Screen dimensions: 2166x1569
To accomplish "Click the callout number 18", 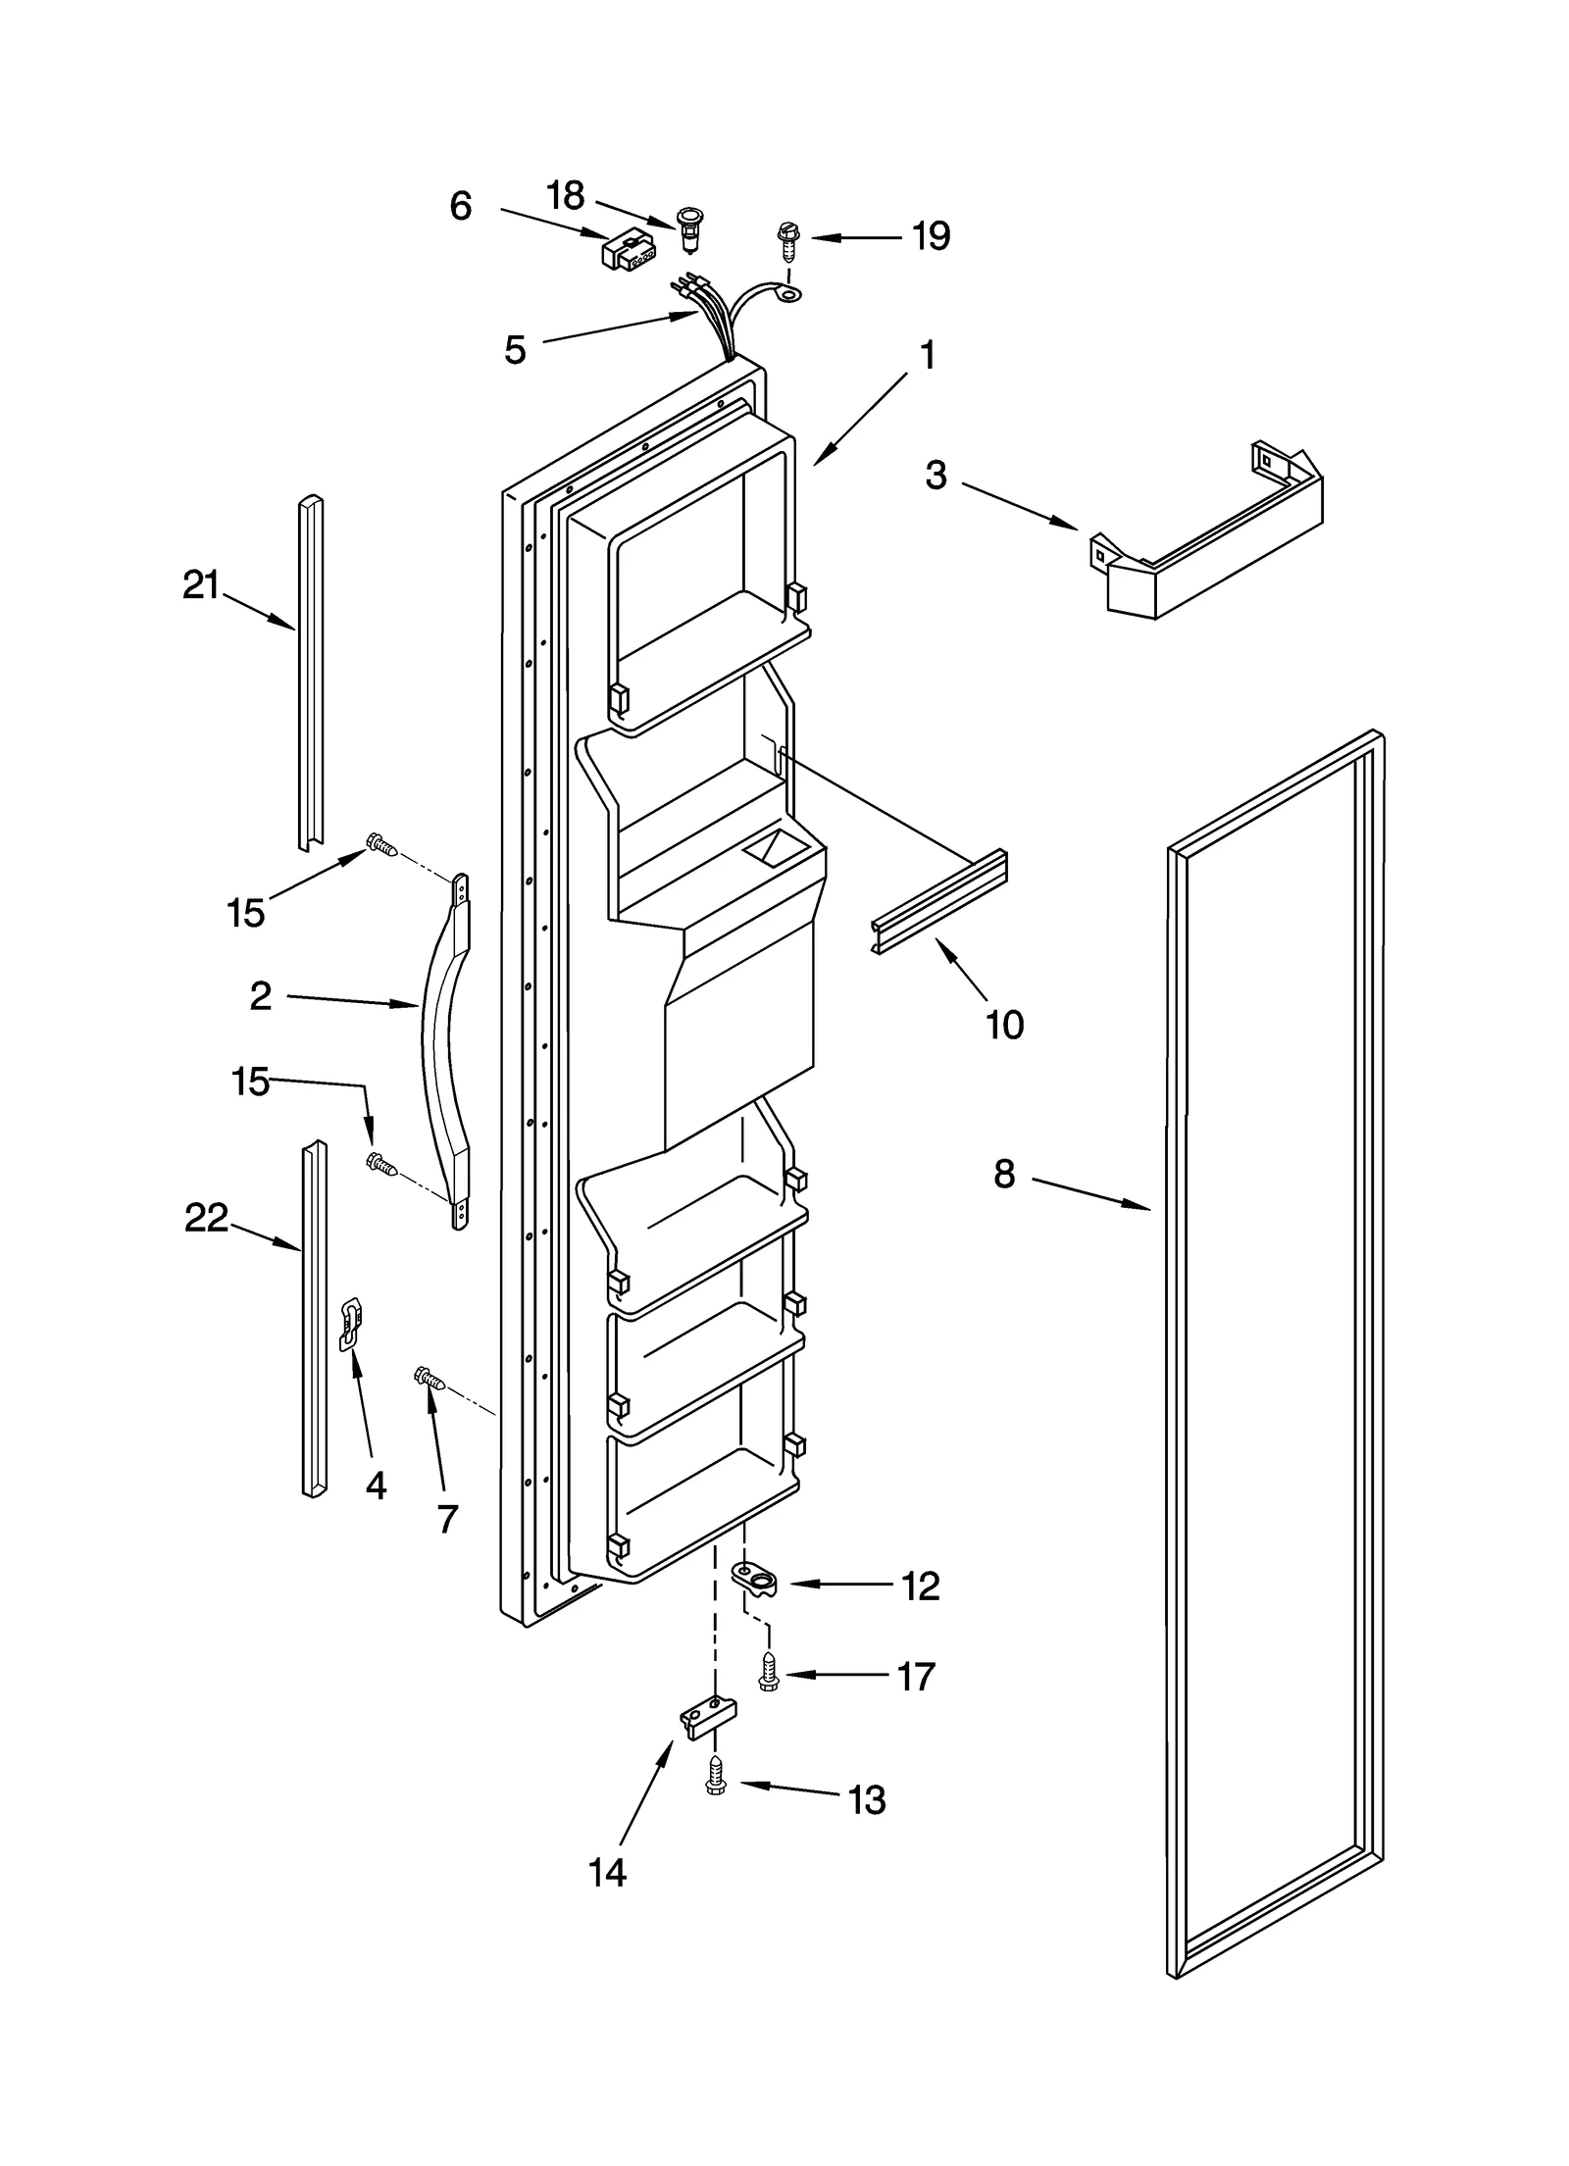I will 566,196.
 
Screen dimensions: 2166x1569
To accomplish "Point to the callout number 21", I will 201,585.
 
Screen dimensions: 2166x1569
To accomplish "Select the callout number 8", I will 1004,1174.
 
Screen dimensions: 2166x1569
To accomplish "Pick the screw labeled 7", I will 430,1379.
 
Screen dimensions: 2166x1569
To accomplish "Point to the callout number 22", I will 206,1218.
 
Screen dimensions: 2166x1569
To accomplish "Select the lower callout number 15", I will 250,1083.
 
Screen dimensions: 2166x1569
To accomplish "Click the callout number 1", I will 927,356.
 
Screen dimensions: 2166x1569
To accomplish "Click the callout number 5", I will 516,350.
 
